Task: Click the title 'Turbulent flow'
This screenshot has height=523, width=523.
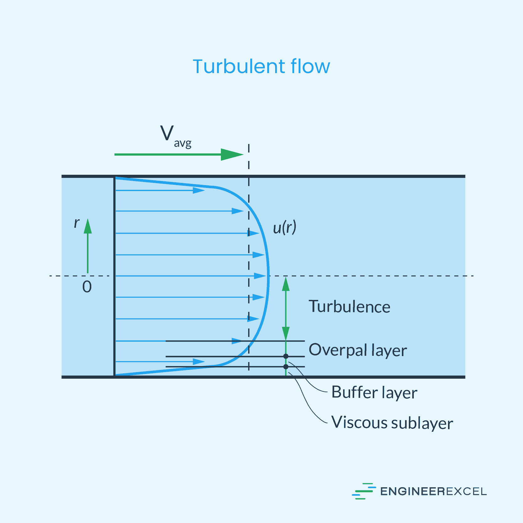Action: click(x=261, y=67)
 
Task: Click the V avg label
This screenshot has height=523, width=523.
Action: click(x=175, y=136)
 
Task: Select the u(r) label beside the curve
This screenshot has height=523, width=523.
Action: click(x=284, y=227)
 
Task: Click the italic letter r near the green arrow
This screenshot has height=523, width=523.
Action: click(x=77, y=223)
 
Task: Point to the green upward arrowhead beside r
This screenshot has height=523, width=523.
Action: click(x=88, y=227)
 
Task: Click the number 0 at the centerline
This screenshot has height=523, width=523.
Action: click(x=87, y=287)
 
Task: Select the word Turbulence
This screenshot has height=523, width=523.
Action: click(x=350, y=307)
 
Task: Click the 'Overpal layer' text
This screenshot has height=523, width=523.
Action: click(x=358, y=350)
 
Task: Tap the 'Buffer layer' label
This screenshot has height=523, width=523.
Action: click(x=374, y=392)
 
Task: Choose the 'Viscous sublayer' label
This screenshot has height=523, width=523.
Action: click(x=392, y=423)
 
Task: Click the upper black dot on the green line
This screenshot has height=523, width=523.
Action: click(x=286, y=356)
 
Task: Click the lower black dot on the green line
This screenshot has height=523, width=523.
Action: click(x=286, y=366)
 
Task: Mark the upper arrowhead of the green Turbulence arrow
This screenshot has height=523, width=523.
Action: click(x=286, y=284)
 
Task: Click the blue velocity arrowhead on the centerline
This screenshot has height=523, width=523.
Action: click(x=260, y=276)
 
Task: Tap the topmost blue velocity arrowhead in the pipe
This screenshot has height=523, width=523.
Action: click(x=198, y=190)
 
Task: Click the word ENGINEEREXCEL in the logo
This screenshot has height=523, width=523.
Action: click(x=433, y=491)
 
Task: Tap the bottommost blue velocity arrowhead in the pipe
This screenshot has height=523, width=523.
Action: click(x=198, y=362)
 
